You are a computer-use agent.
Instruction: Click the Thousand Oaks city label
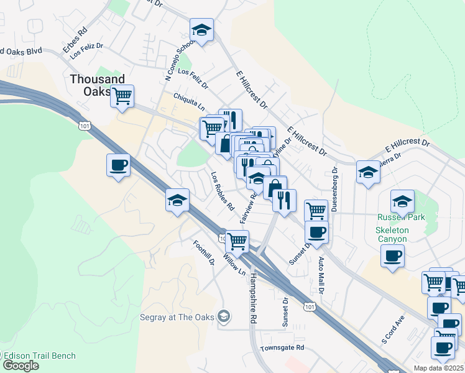97,85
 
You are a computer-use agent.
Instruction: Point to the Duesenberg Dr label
334,189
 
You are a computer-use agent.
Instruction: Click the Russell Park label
400,218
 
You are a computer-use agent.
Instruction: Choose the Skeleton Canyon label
392,234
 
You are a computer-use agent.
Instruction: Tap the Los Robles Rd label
222,191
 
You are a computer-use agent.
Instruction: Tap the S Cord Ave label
393,329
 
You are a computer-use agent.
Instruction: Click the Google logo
21,366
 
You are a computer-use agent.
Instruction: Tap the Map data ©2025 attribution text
438,368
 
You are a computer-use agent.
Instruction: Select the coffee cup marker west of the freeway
118,165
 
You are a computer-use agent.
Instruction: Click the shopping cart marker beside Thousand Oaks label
122,96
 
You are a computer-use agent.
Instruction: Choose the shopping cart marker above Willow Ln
237,241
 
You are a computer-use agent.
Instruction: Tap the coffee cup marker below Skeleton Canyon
392,256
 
